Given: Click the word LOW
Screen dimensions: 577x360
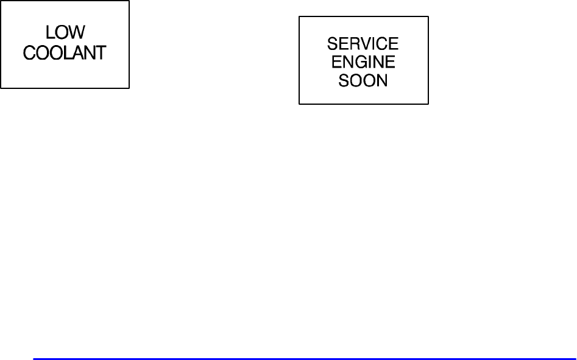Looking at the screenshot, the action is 65,33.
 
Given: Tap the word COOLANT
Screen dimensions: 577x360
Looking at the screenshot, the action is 65,52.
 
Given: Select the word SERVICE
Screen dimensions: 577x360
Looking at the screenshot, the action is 363,44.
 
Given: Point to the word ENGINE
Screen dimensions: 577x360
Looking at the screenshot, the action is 363,62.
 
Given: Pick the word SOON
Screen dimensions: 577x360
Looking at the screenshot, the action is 363,80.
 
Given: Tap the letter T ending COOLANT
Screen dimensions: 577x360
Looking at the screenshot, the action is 100,52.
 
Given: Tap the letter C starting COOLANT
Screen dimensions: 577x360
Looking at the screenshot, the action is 29,52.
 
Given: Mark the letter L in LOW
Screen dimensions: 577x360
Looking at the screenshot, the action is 51,33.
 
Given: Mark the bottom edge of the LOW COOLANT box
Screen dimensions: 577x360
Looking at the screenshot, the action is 65,88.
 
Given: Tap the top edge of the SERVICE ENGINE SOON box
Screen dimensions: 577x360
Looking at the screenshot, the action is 363,16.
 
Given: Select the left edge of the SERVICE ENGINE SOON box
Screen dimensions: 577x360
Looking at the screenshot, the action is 299,60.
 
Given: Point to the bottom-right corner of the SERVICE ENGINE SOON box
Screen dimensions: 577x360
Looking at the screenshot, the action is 428,104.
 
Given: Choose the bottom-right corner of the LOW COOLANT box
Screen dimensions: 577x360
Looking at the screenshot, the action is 129,88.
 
